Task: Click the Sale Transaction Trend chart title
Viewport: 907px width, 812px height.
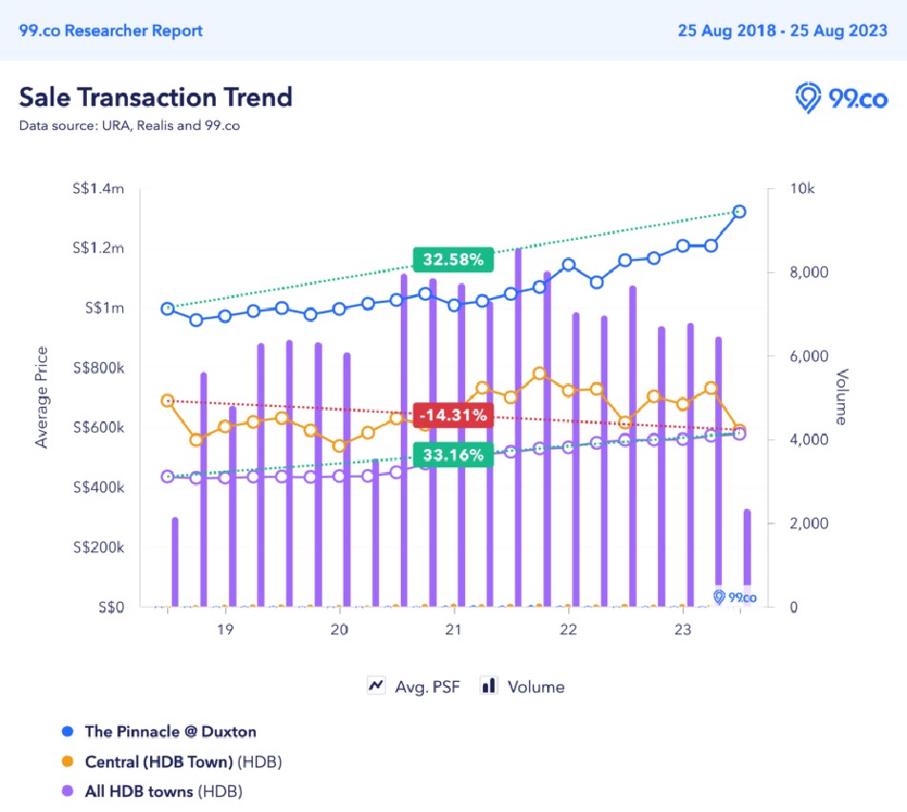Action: point(156,96)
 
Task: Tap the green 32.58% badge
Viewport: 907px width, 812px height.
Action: point(453,259)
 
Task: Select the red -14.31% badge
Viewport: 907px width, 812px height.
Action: point(453,415)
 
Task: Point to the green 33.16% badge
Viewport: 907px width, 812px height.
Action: point(453,455)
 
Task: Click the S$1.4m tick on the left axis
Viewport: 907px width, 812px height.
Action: point(98,189)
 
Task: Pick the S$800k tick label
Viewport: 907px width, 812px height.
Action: point(97,368)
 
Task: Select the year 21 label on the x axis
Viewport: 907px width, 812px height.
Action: point(453,630)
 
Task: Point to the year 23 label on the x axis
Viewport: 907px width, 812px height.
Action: point(683,630)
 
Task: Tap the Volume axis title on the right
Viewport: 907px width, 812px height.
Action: point(842,396)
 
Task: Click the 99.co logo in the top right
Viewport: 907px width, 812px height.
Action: point(841,97)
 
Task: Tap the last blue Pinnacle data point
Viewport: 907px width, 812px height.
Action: point(739,212)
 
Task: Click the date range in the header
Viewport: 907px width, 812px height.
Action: point(782,31)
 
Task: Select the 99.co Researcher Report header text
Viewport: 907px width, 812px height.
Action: point(111,31)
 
